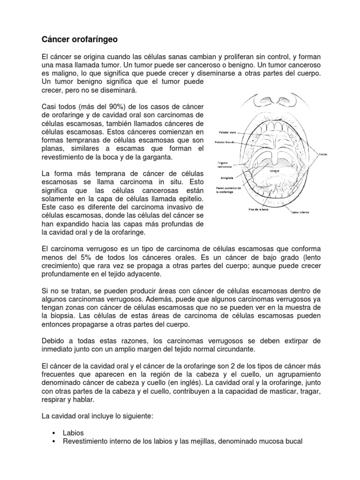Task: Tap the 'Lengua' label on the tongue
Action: point(274,171)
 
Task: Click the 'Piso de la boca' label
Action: point(258,209)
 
